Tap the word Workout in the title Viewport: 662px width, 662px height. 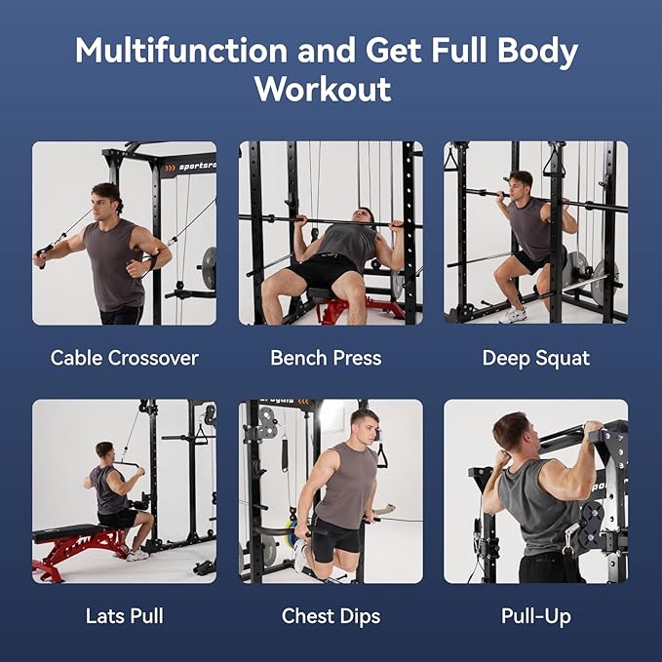[323, 89]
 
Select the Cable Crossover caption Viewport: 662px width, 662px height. [124, 358]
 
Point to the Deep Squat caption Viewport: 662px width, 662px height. [535, 358]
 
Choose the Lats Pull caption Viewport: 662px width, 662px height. [124, 615]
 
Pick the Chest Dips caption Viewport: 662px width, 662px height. [331, 615]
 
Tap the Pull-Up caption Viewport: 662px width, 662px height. [535, 615]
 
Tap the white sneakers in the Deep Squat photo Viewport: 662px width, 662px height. [513, 314]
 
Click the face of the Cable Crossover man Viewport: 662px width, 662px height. [106, 202]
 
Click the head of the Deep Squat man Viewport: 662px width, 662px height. [522, 184]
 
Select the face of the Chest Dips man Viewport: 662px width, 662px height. [364, 428]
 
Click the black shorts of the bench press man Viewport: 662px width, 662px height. [322, 269]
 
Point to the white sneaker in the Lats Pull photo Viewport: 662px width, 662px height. [137, 554]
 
